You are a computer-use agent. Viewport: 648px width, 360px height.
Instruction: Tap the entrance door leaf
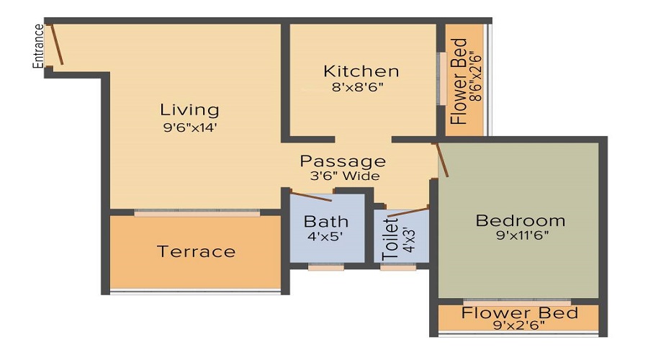[56, 45]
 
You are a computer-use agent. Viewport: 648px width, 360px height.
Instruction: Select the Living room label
[189, 110]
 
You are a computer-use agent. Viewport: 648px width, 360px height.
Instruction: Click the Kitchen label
[361, 71]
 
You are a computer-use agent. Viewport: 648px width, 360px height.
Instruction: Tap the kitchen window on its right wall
[440, 78]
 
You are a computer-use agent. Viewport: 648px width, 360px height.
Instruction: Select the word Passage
[343, 161]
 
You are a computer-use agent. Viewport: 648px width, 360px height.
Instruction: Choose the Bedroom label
[521, 220]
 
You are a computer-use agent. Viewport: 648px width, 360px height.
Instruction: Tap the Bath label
[325, 221]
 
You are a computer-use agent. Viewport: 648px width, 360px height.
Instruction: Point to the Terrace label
[196, 251]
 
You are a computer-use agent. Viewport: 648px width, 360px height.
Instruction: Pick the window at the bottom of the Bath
[325, 267]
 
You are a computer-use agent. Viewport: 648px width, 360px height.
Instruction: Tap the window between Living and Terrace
[197, 213]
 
